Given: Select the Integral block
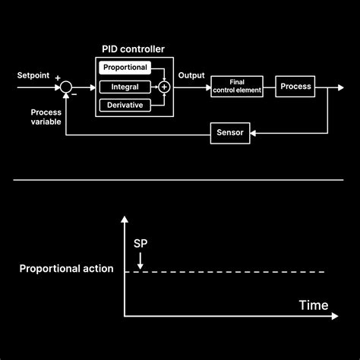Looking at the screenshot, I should click(x=125, y=87).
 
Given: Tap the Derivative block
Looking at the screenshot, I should click(x=125, y=106).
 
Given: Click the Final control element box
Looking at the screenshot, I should click(x=236, y=87).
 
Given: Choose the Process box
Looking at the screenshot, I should click(x=295, y=87).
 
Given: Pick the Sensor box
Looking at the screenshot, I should click(x=229, y=134).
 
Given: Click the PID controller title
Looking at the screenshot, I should click(x=133, y=49).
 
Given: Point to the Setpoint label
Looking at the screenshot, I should click(x=33, y=75).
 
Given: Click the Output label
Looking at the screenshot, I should click(x=191, y=75).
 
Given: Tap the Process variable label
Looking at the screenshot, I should click(x=46, y=117).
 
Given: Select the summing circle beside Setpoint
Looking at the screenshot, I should click(x=67, y=88).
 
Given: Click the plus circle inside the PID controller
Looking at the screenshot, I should click(x=163, y=87).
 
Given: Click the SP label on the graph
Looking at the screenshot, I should click(x=141, y=243).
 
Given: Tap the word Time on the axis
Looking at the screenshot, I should click(x=313, y=306).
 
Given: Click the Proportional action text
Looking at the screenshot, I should click(x=66, y=269).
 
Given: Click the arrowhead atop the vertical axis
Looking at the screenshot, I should click(x=124, y=219).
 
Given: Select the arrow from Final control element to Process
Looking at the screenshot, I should click(x=269, y=87).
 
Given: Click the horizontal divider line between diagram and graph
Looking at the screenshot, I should click(x=180, y=181).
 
